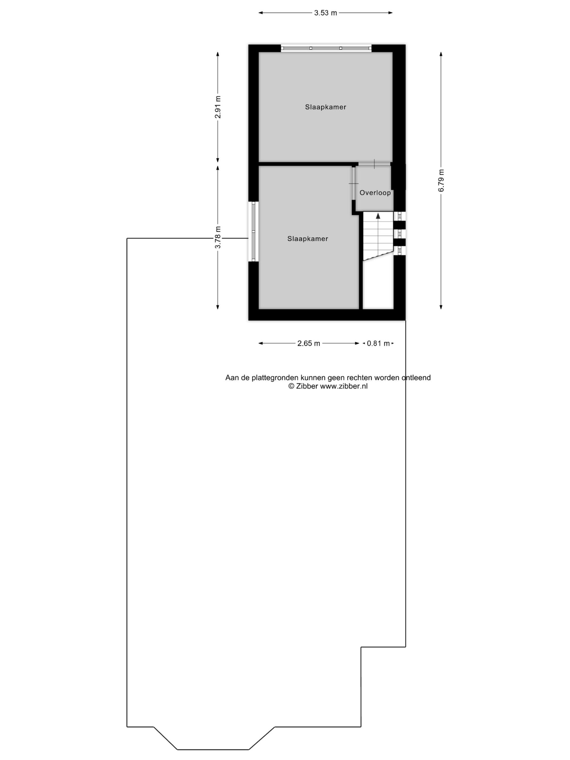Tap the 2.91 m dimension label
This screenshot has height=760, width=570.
pyautogui.click(x=218, y=107)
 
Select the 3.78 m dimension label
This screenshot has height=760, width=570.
pyautogui.click(x=218, y=237)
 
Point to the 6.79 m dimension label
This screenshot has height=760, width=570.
pyautogui.click(x=441, y=181)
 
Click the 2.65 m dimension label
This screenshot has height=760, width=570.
pyautogui.click(x=308, y=343)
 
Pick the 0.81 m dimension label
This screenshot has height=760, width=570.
pyautogui.click(x=378, y=343)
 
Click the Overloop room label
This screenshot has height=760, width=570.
pyautogui.click(x=375, y=193)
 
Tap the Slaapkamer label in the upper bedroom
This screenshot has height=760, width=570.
pyautogui.click(x=325, y=107)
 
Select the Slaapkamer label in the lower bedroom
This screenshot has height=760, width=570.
pyautogui.click(x=308, y=238)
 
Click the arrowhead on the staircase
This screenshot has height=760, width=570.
pyautogui.click(x=378, y=216)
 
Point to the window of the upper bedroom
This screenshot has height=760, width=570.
pyautogui.click(x=326, y=48)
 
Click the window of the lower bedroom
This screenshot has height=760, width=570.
pyautogui.click(x=254, y=231)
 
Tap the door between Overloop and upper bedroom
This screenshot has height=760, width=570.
pyautogui.click(x=374, y=164)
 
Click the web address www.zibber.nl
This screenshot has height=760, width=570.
pyautogui.click(x=343, y=386)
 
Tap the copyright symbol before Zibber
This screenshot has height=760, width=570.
pyautogui.click(x=291, y=386)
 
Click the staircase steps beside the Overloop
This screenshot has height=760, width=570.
pyautogui.click(x=378, y=235)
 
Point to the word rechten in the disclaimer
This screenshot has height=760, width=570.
pyautogui.click(x=359, y=378)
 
